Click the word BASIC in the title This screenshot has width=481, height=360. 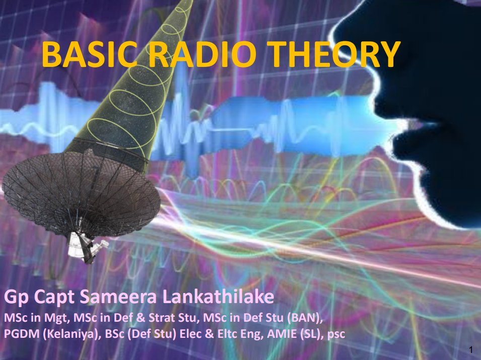pyautogui.click(x=89, y=54)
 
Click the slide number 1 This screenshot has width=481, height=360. pyautogui.click(x=471, y=349)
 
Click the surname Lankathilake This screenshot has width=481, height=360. pyautogui.click(x=218, y=297)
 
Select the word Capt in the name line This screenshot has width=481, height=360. pyautogui.click(x=54, y=298)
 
